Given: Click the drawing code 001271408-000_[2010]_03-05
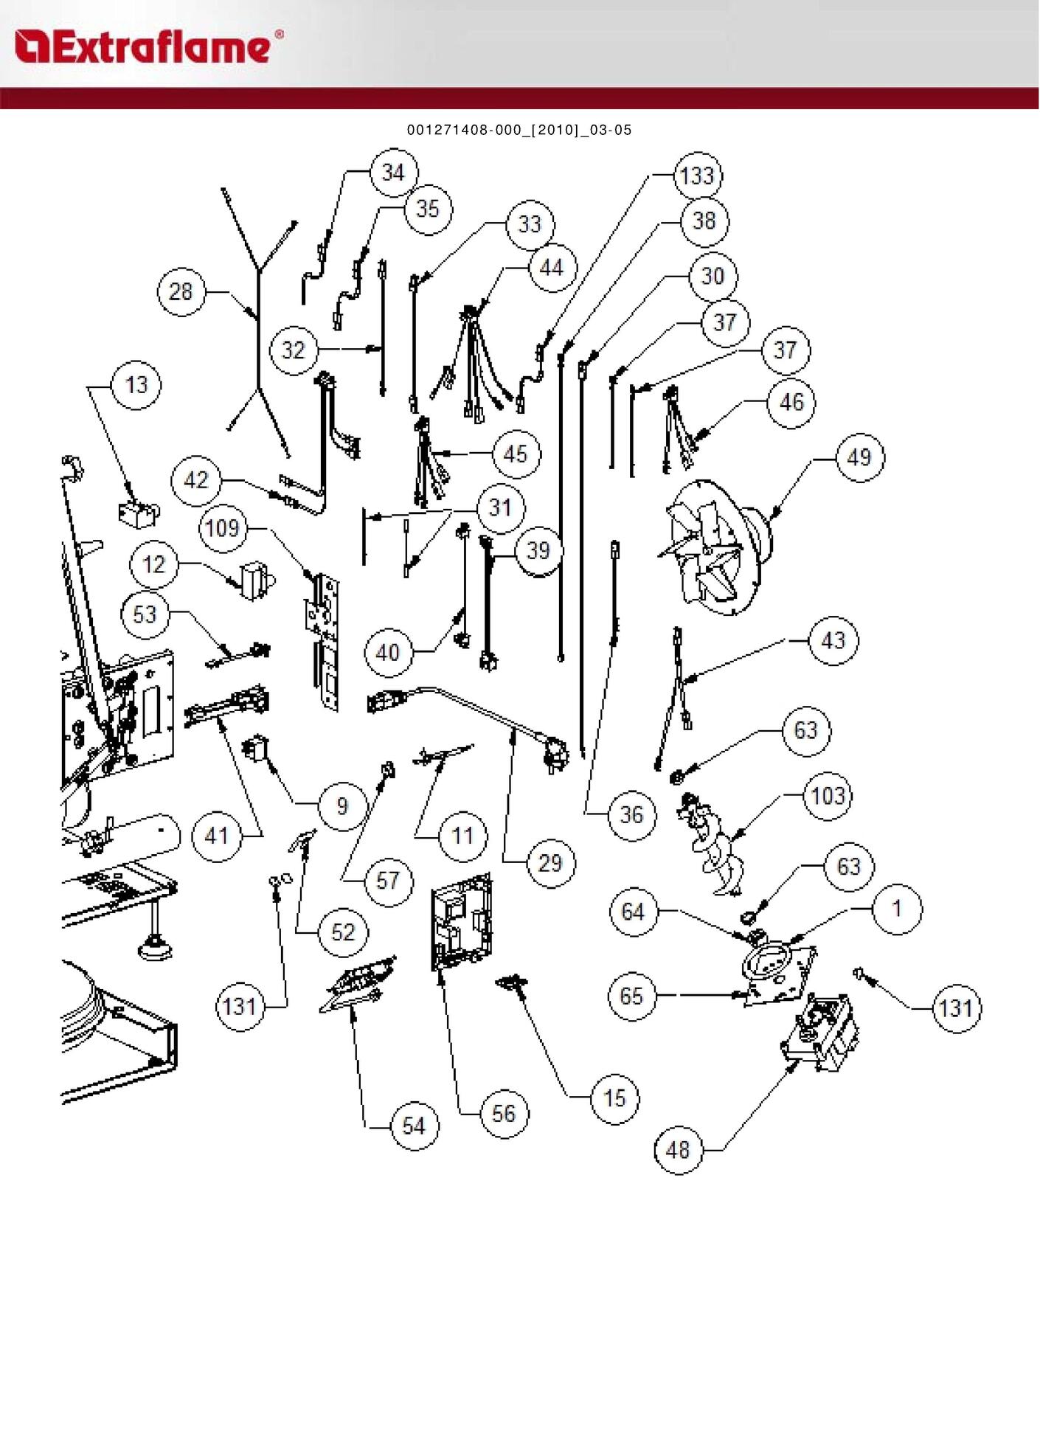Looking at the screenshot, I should tap(519, 131).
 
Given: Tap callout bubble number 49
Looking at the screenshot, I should tap(859, 457).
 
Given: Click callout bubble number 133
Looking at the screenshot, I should tap(698, 176).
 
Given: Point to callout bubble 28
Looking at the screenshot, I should tap(181, 292).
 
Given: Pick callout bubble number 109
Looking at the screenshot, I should tap(222, 528).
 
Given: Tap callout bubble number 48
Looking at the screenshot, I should tap(678, 1149).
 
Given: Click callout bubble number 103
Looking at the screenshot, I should tap(827, 796).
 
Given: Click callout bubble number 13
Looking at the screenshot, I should tap(136, 384).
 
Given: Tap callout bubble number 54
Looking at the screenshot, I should tap(413, 1126).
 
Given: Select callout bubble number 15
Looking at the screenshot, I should tap(614, 1098).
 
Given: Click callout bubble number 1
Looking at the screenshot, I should tap(897, 909).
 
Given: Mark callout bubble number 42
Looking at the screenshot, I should tap(195, 481).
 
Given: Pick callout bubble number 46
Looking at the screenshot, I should tap(791, 402).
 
